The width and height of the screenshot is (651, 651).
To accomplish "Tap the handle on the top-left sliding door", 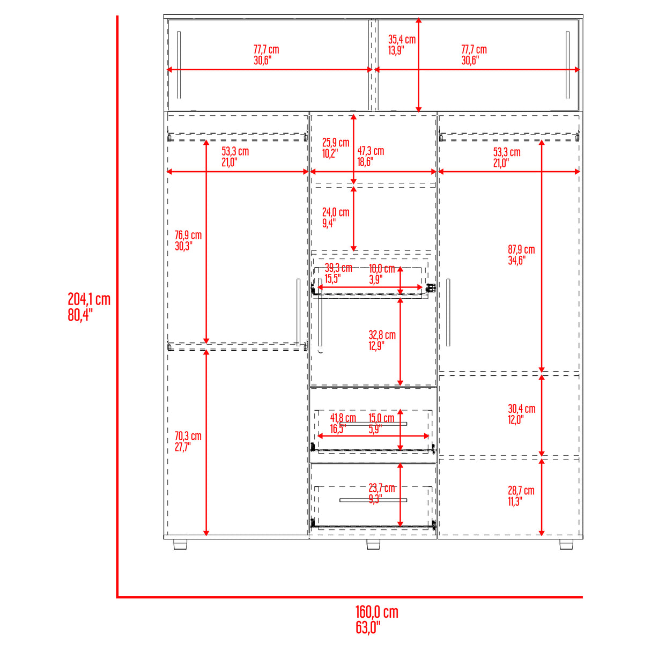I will pyautogui.click(x=179, y=65).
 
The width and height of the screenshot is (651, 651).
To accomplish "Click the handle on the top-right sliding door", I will pyautogui.click(x=567, y=65).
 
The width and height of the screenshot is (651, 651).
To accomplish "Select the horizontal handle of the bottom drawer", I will pyautogui.click(x=373, y=500).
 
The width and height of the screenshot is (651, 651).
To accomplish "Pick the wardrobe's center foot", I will pyautogui.click(x=373, y=544).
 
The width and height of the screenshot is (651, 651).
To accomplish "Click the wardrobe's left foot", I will pyautogui.click(x=181, y=544).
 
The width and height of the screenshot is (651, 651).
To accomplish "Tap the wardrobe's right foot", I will pyautogui.click(x=566, y=544).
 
